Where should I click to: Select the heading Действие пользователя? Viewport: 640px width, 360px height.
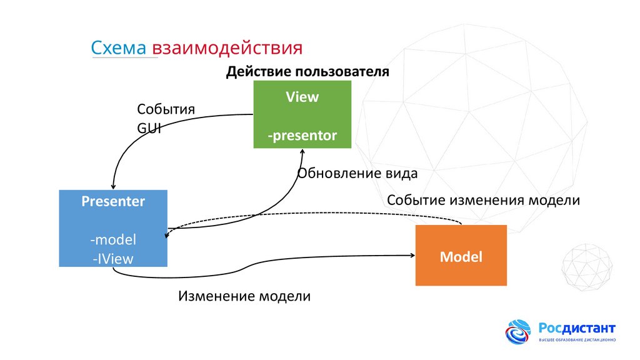307,72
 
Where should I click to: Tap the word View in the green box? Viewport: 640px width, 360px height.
302,97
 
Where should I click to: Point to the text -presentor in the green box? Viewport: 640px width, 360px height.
302,135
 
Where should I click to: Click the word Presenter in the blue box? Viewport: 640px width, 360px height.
113,201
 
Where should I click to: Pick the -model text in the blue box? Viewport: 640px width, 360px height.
113,239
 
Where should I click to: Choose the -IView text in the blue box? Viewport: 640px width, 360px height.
113,258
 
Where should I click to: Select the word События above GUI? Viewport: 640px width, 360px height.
166,109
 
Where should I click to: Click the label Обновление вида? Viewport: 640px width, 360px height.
357,172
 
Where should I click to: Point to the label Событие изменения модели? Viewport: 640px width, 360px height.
483,201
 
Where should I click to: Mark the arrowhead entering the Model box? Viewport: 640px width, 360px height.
412,255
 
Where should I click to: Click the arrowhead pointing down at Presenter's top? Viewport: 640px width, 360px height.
112,185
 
